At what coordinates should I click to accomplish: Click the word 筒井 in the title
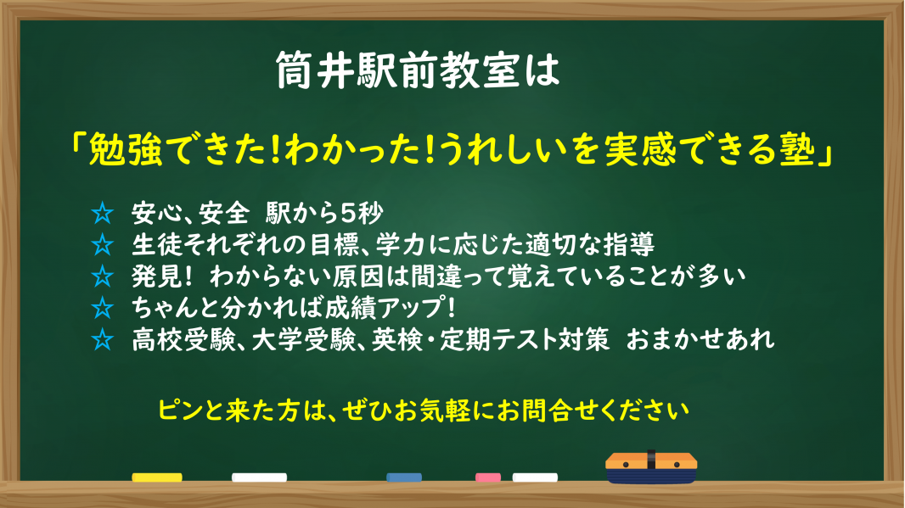point(315,70)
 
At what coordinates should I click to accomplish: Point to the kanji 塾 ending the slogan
point(797,149)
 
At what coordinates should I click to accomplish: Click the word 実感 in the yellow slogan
point(641,149)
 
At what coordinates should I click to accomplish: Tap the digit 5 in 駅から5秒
point(347,214)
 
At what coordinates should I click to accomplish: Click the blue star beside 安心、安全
point(102,214)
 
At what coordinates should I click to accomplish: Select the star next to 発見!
point(102,276)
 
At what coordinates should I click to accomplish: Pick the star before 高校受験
point(102,339)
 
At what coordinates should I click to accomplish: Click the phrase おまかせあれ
point(700,339)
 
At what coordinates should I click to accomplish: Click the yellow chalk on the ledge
point(157,477)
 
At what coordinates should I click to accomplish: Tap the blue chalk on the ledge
point(404,477)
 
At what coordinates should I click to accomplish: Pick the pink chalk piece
point(487,477)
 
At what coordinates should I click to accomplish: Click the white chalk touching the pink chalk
point(535,477)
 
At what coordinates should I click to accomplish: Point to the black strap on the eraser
point(651,460)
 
